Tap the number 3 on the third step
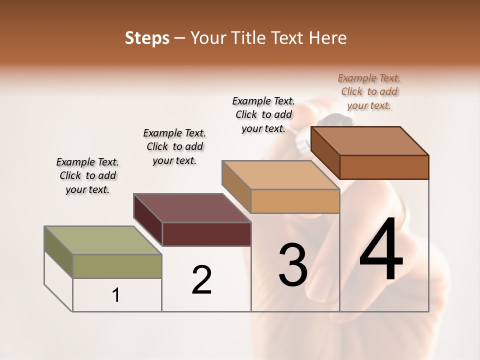pos(293,264)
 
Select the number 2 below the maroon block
pos(202,279)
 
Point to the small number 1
pos(116,295)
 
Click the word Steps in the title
pos(147,38)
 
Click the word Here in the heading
pos(327,38)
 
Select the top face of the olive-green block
pos(102,240)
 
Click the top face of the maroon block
pos(191,208)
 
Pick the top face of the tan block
pos(280,175)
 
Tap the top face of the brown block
pos(370,141)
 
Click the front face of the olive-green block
pos(117,266)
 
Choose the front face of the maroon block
pos(206,234)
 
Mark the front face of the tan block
pos(295,201)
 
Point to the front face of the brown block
pos(384,167)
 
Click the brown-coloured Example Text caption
pos(369,91)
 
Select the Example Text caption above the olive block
pos(87,175)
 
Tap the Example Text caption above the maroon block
pos(174,146)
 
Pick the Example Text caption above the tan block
pos(263,114)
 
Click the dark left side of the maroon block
pos(148,220)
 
